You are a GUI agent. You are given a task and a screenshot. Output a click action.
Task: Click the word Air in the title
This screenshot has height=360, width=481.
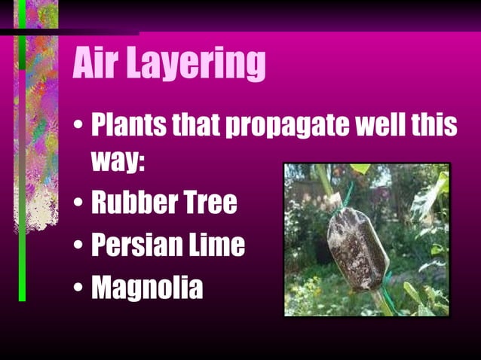[97, 65]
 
